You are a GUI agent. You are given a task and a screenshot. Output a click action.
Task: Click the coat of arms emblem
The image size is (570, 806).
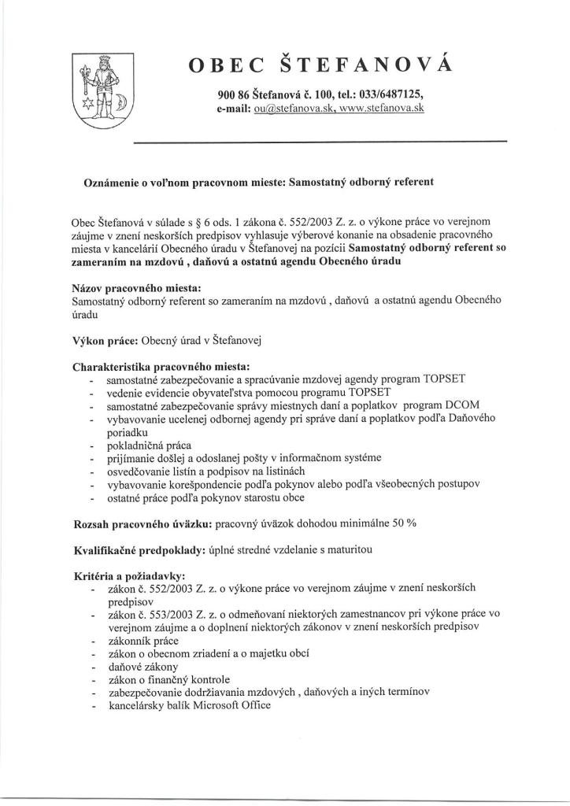point(102,91)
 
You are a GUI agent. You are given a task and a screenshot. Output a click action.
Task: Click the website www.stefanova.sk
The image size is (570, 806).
point(382,109)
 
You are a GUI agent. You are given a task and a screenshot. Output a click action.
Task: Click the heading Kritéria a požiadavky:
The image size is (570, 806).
point(128,575)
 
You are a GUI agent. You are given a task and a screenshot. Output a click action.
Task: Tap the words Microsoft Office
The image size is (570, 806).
point(231,705)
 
